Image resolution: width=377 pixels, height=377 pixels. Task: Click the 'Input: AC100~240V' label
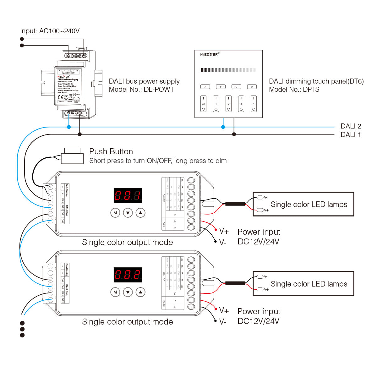[x=50, y=31]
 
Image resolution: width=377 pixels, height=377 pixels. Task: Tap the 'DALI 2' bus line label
[x=351, y=126]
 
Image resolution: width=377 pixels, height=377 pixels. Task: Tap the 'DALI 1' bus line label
[x=351, y=135]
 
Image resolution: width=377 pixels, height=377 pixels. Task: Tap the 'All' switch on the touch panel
[x=204, y=104]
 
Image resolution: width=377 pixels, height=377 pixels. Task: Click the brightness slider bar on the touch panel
[x=228, y=70]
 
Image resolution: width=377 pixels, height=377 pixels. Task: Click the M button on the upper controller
[x=115, y=213]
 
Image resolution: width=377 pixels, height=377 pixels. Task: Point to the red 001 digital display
[x=128, y=196]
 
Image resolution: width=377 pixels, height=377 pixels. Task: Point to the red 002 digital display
[x=128, y=275]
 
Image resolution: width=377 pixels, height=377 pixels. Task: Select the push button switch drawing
[x=72, y=156]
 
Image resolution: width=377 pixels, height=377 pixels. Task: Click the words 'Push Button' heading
[x=111, y=151]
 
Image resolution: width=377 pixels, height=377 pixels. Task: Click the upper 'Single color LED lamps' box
[x=303, y=204]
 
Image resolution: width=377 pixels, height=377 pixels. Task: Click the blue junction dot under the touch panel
[x=223, y=127]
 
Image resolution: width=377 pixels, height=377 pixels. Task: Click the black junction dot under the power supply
[x=80, y=134]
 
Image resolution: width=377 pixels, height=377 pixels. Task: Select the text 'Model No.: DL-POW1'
[x=141, y=90]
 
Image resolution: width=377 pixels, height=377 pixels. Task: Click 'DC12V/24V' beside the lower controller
[x=258, y=321]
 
